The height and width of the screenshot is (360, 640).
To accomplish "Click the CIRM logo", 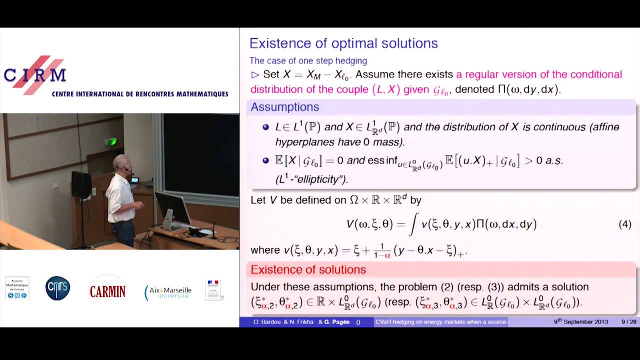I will (35, 75).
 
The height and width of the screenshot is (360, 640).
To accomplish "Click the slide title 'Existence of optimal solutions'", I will (343, 43).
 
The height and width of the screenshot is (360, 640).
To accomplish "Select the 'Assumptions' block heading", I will (284, 107).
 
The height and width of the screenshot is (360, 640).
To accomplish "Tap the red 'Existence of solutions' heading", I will (308, 270).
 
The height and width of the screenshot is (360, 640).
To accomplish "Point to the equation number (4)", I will (624, 224).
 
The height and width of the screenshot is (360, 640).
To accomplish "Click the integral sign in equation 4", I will (413, 224).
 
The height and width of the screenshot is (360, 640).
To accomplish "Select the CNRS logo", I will (57, 288).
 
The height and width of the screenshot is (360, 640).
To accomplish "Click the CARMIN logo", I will (107, 290).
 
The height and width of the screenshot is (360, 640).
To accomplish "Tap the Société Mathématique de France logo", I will (17, 288).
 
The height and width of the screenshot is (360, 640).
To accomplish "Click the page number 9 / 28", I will (628, 322).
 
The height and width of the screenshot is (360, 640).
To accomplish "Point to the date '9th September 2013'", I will (580, 322).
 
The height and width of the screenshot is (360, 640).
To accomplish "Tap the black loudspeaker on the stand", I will (81, 184).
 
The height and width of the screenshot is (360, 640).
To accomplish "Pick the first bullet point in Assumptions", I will (266, 127).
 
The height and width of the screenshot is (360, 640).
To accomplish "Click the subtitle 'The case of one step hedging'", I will (308, 61).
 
